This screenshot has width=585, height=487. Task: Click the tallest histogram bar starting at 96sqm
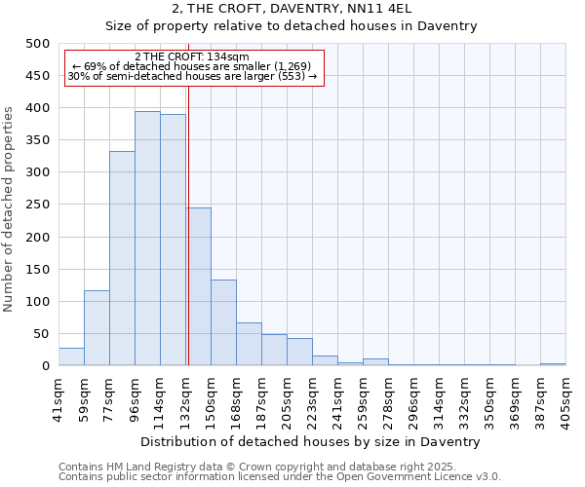[147, 239]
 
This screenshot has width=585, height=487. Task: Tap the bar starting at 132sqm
[198, 286]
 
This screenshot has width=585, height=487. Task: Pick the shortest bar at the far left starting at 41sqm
[71, 356]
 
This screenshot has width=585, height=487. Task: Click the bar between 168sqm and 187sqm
[249, 344]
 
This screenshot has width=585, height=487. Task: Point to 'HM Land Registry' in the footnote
[138, 468]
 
